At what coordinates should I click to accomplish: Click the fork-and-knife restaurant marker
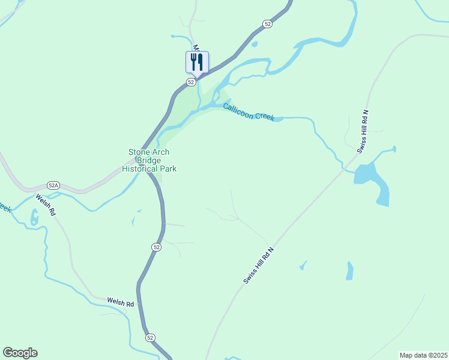[x=197, y=62]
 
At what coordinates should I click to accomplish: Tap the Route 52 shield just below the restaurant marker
[x=190, y=82]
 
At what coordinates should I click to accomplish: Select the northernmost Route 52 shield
[x=267, y=23]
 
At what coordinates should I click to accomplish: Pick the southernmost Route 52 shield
[x=150, y=338]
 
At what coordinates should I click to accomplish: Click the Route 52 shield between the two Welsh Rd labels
[x=156, y=247]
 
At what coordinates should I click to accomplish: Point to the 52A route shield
[x=54, y=185]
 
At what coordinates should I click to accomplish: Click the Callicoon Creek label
[x=249, y=112]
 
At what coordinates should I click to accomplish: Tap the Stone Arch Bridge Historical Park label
[x=149, y=160]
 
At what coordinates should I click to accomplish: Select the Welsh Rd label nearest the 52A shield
[x=45, y=205]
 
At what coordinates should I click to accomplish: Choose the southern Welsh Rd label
[x=120, y=302]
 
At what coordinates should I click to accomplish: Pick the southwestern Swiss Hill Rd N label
[x=258, y=265]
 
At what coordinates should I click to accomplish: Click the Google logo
[x=20, y=353]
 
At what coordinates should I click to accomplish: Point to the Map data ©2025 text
[x=423, y=355]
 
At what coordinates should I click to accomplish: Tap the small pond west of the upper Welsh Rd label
[x=34, y=217]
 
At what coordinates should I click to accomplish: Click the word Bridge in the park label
[x=149, y=160]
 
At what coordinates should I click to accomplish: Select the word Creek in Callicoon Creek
[x=264, y=116]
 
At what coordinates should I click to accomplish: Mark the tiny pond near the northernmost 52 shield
[x=255, y=44]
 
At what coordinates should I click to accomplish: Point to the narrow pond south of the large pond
[x=349, y=271]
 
